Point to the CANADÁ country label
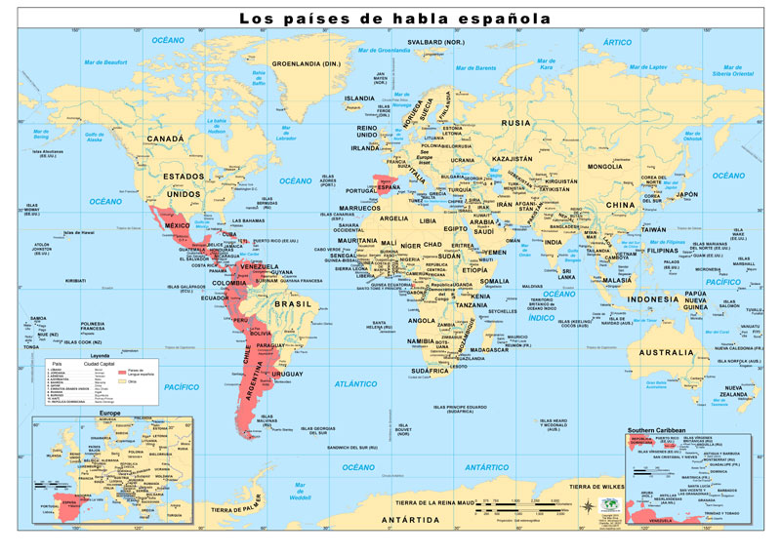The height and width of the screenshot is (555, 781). tap(165, 139)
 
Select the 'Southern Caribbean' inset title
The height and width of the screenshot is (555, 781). tap(661, 430)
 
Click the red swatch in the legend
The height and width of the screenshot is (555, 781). tap(121, 373)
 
